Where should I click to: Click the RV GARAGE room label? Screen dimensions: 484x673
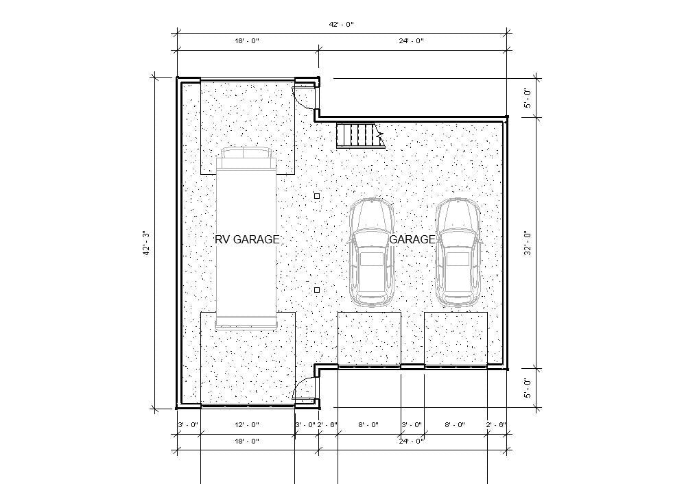247,239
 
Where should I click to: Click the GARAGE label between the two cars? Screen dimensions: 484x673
412,239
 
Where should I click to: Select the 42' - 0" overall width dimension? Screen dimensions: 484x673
341,24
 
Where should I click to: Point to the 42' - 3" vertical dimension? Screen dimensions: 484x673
145,243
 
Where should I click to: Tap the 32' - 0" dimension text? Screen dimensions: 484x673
527,243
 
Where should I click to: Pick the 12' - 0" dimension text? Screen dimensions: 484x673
247,425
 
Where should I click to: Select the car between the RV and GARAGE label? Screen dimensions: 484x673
371,252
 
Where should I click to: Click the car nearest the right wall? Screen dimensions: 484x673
458,252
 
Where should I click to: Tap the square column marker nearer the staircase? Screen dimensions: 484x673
317,196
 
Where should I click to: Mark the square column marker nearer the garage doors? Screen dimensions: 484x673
317,290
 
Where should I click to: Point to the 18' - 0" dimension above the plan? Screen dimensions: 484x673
247,41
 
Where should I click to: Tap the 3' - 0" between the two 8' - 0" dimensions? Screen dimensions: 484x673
412,425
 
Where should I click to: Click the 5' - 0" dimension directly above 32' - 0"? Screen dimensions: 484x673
527,97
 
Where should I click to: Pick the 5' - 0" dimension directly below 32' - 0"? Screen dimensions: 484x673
527,388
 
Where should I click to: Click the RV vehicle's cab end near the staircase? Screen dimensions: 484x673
246,158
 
